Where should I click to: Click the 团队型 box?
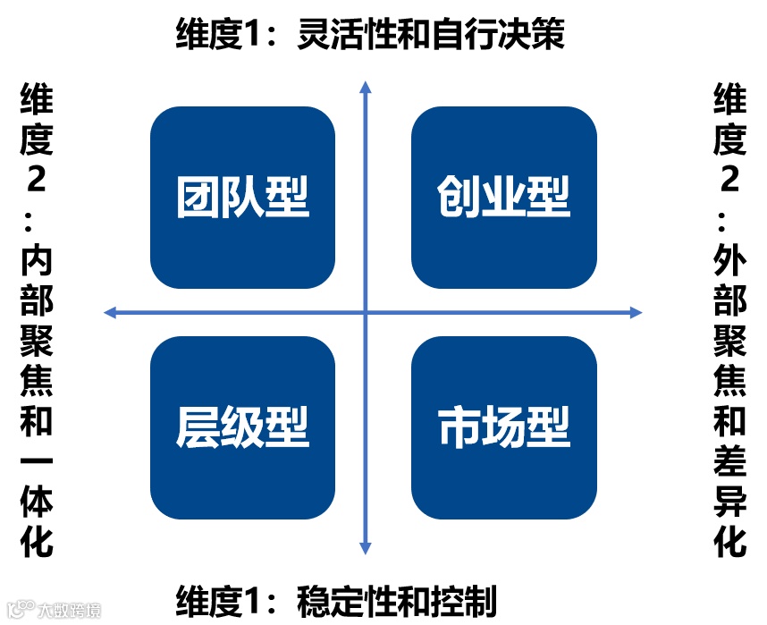242,198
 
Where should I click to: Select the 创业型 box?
503,198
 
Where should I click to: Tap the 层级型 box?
242,427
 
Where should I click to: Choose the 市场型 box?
503,427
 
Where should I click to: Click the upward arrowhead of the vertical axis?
365,86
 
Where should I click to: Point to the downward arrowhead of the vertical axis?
365,548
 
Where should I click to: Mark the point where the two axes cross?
365,312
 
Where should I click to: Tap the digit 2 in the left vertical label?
37,180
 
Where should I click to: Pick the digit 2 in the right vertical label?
729,180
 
